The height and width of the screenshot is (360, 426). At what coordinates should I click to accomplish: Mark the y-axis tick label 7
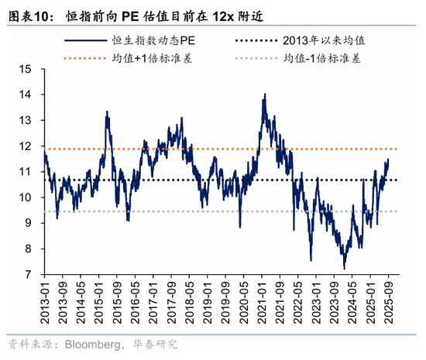[28, 275]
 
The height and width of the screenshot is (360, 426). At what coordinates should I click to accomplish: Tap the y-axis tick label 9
[28, 223]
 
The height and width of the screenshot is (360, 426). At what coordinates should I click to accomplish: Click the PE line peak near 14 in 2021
[265, 94]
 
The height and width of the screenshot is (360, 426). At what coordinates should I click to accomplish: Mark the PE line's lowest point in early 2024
[344, 269]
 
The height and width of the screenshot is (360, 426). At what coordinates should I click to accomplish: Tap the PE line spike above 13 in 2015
[107, 112]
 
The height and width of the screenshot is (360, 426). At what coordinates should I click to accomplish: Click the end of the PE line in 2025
[388, 159]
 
